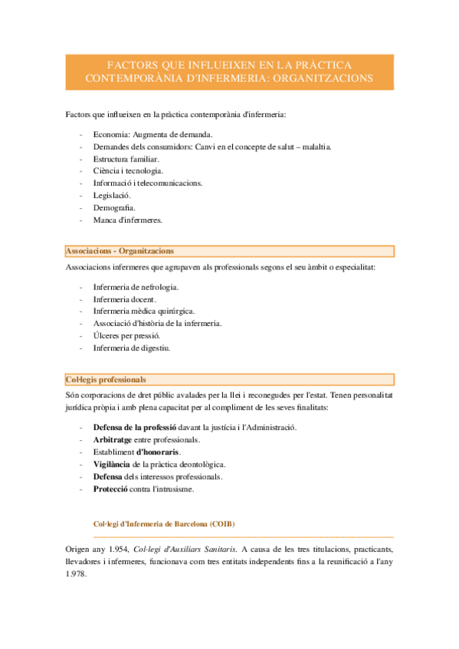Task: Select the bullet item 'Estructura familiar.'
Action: pos(126,158)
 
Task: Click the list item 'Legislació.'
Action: pos(112,195)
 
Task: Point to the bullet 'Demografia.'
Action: pos(115,207)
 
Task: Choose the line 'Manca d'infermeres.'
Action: pos(128,220)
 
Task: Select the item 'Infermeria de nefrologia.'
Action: pos(136,287)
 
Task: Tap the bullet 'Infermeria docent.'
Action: pos(124,299)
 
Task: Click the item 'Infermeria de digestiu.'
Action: pos(132,348)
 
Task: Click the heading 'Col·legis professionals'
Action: pos(106,380)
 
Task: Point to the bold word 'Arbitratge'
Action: pos(113,440)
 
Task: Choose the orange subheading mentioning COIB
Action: pos(164,523)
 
